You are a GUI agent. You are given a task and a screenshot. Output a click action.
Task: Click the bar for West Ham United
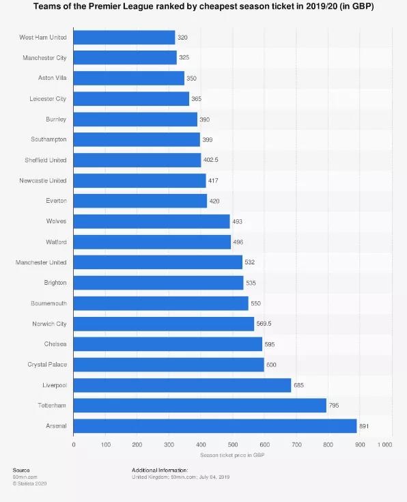pos(124,38)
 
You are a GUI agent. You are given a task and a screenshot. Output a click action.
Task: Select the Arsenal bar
pos(215,426)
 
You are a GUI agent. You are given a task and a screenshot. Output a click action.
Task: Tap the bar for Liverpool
pos(182,385)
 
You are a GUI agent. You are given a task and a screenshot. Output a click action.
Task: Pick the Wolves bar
pos(152,221)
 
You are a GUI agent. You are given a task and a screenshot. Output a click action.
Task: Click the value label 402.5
pos(211,160)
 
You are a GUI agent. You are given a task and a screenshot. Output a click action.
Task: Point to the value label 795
pos(334,405)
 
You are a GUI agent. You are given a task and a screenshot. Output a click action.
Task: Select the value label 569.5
pos(264,324)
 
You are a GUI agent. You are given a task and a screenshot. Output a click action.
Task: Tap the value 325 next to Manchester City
pos(184,57)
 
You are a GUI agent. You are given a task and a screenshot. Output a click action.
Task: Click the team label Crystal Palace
pos(47,364)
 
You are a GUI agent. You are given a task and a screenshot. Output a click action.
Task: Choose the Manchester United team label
pos(41,262)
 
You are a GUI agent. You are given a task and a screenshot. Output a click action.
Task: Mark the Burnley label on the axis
pos(56,119)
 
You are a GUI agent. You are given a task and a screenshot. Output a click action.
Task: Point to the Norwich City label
pos(49,324)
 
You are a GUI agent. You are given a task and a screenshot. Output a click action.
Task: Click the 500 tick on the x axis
pos(233,445)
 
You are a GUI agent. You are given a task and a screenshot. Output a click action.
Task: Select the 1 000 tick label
pos(384,445)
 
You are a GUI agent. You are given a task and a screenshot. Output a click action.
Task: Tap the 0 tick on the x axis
pos(74,445)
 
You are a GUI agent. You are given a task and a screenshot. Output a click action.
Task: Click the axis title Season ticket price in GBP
pos(232,455)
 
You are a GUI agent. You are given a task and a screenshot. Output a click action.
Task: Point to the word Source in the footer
pos(21,470)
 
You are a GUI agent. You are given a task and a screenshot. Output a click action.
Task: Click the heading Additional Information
pos(160,470)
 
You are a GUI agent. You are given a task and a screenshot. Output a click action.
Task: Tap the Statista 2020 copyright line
pos(30,484)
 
